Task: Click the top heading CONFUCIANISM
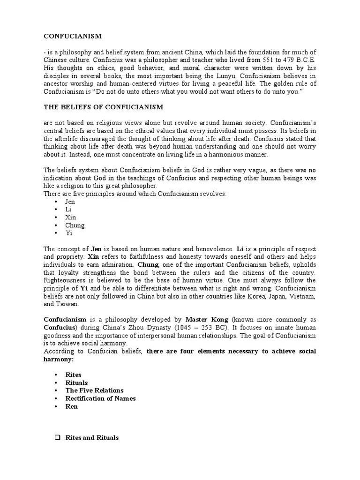point(73,36)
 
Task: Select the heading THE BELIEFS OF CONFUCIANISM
point(104,107)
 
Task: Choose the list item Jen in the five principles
point(70,202)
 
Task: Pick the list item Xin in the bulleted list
point(70,217)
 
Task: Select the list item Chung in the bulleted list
point(75,225)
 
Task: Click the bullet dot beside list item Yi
point(56,233)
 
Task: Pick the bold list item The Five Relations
point(94,390)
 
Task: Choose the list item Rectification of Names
point(100,398)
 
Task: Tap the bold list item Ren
point(71,406)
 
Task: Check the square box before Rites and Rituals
point(58,438)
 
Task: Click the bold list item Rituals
point(76,382)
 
